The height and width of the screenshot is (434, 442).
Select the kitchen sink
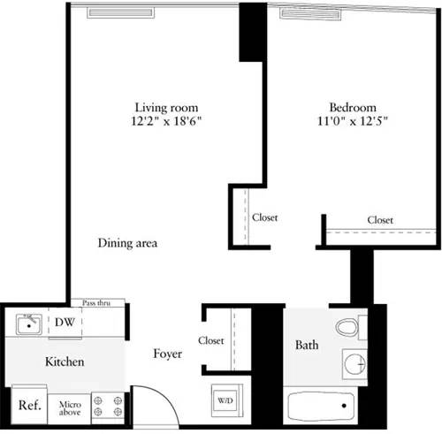click(x=30, y=324)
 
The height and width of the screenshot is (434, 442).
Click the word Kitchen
click(x=65, y=362)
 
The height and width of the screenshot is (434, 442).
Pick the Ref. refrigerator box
click(x=29, y=406)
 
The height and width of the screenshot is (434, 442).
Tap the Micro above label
click(x=70, y=407)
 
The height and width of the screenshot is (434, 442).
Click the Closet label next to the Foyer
click(x=211, y=340)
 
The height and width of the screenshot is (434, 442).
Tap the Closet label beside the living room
click(x=264, y=216)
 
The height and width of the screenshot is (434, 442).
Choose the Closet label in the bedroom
click(x=380, y=219)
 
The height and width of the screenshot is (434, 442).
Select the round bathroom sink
click(x=354, y=362)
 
